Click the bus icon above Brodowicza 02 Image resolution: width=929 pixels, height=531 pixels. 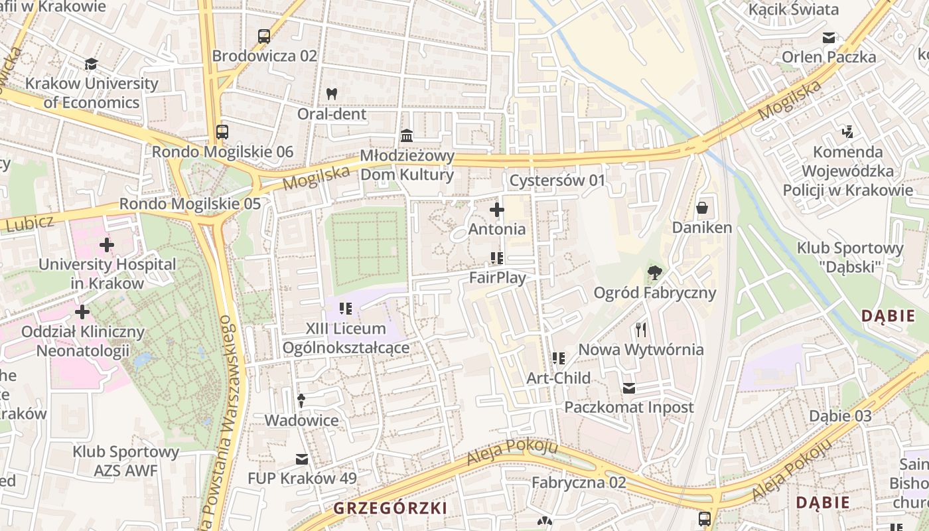click(x=264, y=37)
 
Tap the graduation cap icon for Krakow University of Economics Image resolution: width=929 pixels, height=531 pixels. click(x=91, y=64)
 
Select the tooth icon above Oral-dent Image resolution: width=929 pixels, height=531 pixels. click(x=332, y=94)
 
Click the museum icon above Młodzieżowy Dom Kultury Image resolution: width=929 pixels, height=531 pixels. click(x=407, y=136)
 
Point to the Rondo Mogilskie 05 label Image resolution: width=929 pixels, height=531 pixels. click(x=190, y=204)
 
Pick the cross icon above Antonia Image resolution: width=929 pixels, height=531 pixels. click(x=496, y=210)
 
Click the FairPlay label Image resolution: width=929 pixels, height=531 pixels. click(x=497, y=277)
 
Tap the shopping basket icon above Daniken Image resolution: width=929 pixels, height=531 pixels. click(x=702, y=208)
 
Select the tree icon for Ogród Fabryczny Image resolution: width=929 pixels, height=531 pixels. click(x=654, y=272)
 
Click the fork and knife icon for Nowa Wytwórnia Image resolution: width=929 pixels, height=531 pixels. click(x=640, y=329)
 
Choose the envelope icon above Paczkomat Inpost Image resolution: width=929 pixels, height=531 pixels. click(x=628, y=388)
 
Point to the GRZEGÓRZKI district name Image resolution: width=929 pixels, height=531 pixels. click(x=390, y=508)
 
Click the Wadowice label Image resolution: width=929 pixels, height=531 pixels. click(x=301, y=420)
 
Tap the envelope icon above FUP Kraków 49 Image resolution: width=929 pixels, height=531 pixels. click(x=302, y=459)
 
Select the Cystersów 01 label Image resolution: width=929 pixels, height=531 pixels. click(x=557, y=181)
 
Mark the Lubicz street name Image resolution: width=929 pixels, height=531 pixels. click(x=29, y=224)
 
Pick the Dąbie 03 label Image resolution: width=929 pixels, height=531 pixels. click(x=839, y=416)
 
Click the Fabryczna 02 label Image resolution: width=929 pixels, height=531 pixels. click(x=579, y=482)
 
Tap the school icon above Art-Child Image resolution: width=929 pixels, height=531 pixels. click(x=559, y=358)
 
